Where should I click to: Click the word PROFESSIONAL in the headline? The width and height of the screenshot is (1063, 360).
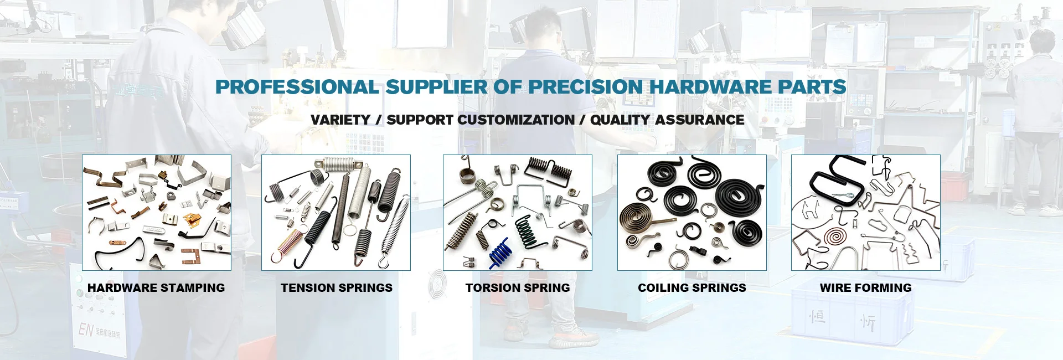297,87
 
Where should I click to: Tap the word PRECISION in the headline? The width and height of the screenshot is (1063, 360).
586,87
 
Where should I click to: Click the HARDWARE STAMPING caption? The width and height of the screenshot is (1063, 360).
156,288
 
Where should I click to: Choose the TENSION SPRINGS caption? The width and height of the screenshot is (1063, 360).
337,288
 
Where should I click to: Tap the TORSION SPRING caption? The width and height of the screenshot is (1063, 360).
518,288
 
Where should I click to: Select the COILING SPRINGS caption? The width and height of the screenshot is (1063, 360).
692,288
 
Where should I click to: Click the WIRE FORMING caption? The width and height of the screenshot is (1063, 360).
866,288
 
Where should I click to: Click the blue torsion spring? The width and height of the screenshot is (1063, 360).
500,253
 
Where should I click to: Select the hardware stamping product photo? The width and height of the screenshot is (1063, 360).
157,213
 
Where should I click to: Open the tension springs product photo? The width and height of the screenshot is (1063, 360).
336,213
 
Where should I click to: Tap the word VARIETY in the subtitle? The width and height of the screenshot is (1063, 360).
340,120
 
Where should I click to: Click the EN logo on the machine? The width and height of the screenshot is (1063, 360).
86,330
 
